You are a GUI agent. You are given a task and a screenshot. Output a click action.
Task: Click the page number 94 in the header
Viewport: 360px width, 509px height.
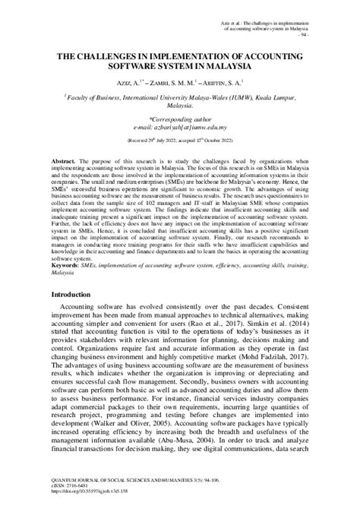pyautogui.click(x=305, y=36)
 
